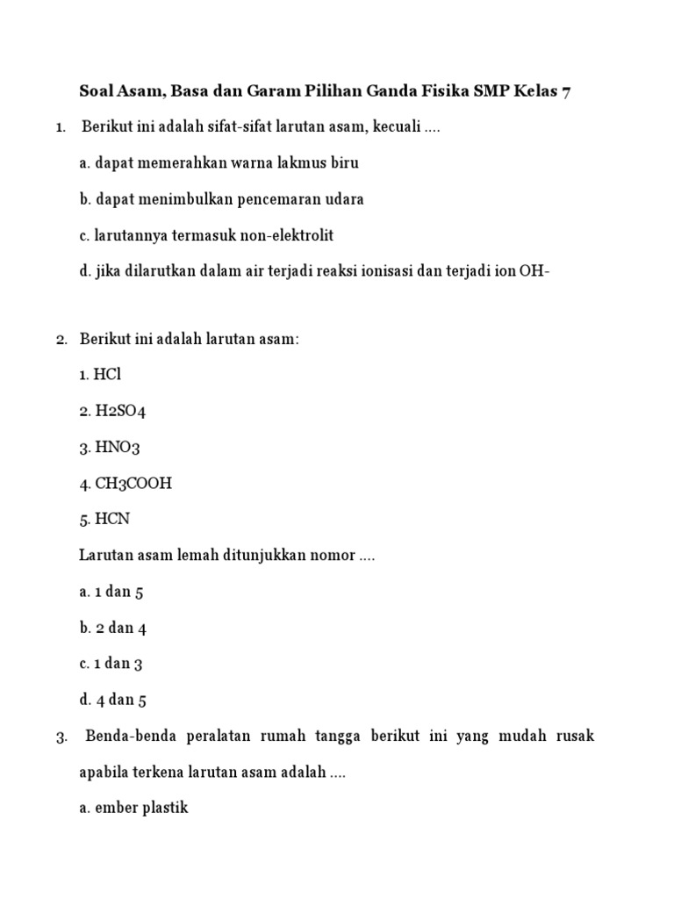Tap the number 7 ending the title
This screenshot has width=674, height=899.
click(566, 91)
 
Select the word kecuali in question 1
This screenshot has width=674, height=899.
click(396, 127)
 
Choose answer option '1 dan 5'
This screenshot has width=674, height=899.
click(118, 592)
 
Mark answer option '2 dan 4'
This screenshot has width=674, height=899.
click(118, 628)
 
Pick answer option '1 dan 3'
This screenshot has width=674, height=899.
click(118, 664)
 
